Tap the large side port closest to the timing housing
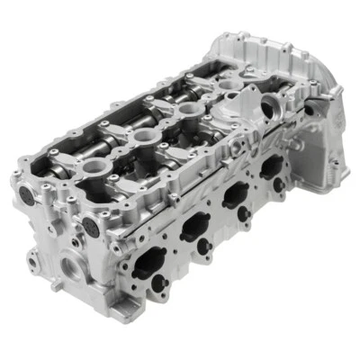coord(269,166)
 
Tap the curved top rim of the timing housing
coord(261,40)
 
